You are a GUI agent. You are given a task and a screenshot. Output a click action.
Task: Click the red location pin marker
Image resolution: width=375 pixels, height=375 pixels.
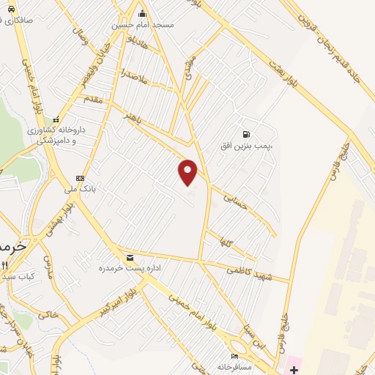[x=188, y=172]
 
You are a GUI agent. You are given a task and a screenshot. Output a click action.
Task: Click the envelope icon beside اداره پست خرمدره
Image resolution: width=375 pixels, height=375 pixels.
[x=130, y=257]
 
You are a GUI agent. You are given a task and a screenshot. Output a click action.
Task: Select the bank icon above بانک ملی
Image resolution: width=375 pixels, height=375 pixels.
[x=80, y=178]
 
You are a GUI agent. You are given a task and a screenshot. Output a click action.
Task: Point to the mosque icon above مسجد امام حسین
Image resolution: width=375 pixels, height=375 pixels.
[x=142, y=13]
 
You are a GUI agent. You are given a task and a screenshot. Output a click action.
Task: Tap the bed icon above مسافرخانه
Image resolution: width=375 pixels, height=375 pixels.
[x=234, y=355]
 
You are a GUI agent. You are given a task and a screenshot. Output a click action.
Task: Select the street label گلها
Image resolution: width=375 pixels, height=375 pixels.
[x=220, y=241]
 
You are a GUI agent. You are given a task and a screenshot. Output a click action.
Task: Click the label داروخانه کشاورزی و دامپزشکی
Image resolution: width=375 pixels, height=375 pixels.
[x=57, y=133]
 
